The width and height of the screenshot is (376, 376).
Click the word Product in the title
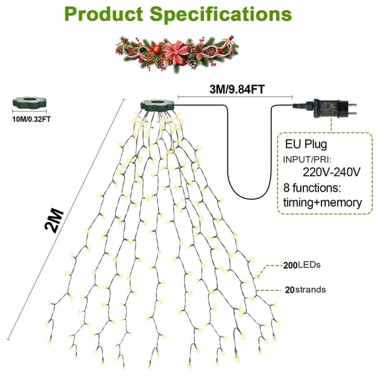pos(104,14)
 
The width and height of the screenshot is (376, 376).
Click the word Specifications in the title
pos(221,15)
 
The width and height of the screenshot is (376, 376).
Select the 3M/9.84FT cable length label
pos(237,89)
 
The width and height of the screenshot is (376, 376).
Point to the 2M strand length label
pos(54,221)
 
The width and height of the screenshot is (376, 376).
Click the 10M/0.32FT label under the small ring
pos(31,119)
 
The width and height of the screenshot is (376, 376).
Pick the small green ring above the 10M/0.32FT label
pos(29,103)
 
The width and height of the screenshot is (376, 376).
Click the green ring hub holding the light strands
pos(157,105)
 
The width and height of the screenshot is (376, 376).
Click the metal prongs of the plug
pos(352,109)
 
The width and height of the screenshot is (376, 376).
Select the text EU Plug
pos(306,144)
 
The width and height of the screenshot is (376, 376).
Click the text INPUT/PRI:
pos(307,159)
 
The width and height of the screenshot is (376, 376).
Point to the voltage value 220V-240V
pos(332,172)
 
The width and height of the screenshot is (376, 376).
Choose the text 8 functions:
pos(312,188)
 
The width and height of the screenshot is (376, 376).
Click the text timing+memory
pos(323,202)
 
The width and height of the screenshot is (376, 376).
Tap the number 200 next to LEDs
pos(290,266)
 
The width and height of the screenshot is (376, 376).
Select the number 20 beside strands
pos(290,290)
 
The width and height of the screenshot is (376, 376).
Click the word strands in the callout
pos(311,290)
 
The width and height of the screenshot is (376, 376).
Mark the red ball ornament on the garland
pos(156,49)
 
